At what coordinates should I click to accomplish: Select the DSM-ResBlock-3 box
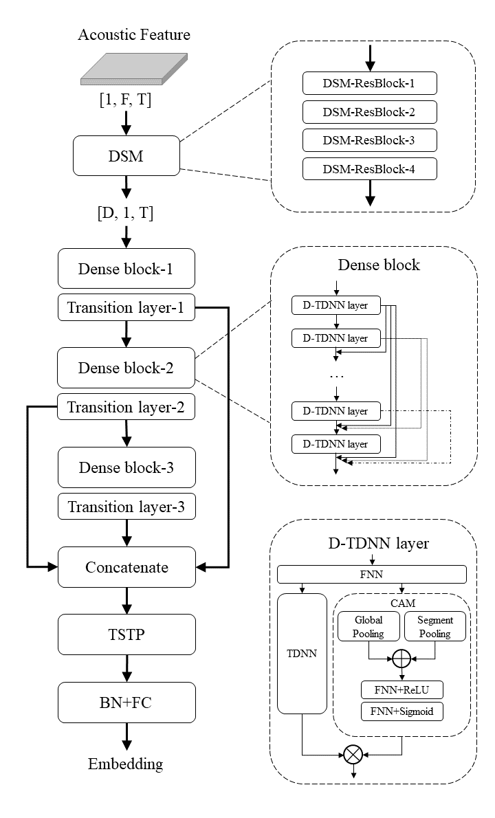(370, 140)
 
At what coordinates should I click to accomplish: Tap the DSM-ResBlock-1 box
(370, 85)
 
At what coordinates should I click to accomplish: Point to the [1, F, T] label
(126, 102)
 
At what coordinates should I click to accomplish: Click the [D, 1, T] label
(126, 213)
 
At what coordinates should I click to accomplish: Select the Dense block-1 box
(126, 268)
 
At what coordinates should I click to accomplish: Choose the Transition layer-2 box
(126, 408)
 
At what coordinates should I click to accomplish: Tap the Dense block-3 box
(126, 467)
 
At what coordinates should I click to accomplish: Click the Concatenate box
(126, 568)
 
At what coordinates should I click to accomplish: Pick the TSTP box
(126, 634)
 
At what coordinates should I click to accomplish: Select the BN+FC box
(126, 702)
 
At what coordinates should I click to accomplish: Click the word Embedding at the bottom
(126, 764)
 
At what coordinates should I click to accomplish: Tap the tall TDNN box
(302, 654)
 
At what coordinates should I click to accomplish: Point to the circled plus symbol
(401, 660)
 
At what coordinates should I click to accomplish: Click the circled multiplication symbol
(353, 754)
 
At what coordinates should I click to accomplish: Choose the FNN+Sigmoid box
(401, 711)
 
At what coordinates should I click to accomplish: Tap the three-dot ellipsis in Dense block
(336, 377)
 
